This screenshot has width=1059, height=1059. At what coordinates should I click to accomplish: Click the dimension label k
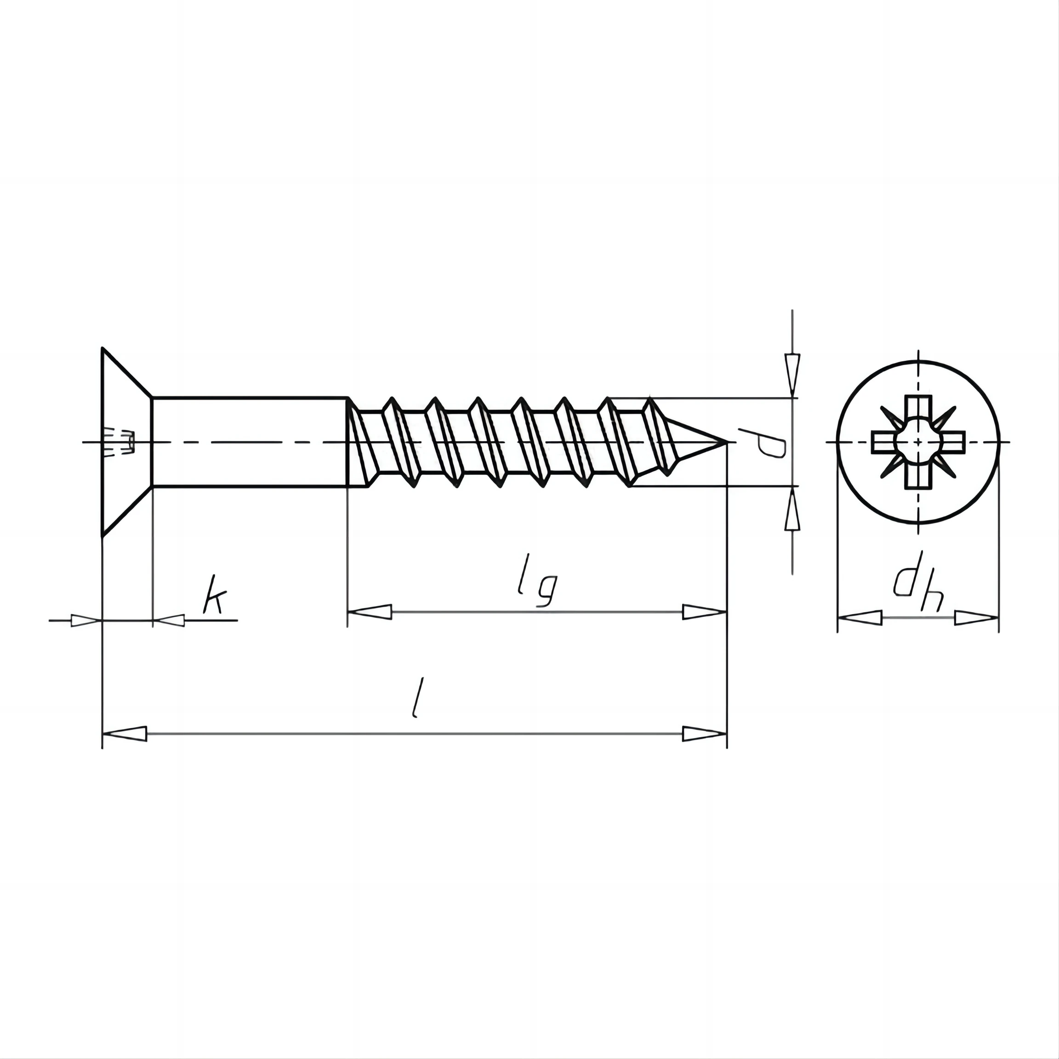point(214,601)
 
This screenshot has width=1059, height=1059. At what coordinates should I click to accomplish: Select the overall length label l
point(418,697)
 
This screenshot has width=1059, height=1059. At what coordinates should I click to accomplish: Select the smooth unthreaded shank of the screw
point(250,441)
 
